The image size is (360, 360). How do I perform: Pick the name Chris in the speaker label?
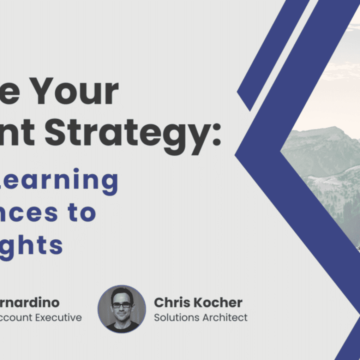point(171,302)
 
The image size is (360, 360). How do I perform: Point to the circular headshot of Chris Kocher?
point(122,309)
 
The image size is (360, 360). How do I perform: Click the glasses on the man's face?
point(122,304)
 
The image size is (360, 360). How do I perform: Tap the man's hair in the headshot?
point(122,293)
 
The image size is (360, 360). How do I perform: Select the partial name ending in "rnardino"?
point(30,302)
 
